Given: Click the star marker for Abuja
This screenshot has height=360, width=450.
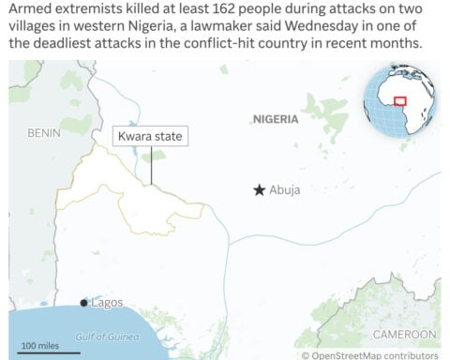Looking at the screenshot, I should click(x=259, y=189).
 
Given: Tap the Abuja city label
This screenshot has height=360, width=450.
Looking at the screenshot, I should click(x=285, y=189).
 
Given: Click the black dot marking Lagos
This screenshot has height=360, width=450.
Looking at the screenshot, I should click(x=83, y=303).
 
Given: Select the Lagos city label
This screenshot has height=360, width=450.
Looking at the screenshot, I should click(x=106, y=303).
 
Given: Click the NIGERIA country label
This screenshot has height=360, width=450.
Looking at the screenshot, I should click(x=276, y=119).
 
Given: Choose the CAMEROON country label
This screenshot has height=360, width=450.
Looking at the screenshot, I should click(x=405, y=334).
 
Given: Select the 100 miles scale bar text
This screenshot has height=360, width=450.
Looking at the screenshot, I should click(x=39, y=345).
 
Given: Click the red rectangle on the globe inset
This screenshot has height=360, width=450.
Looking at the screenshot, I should click(x=399, y=100).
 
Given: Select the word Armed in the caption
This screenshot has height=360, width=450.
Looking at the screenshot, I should click(x=31, y=11).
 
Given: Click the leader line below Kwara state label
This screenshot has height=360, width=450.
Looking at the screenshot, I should click(x=150, y=165).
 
